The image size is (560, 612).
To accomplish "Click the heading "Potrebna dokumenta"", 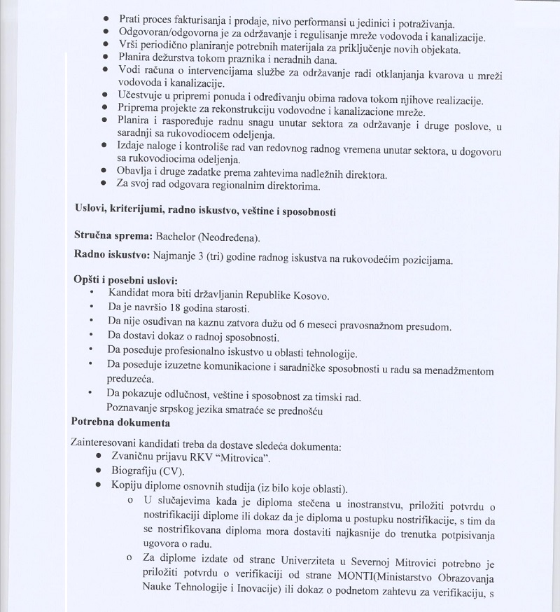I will [120, 422].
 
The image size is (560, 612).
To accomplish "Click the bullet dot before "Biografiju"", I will [103, 473].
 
